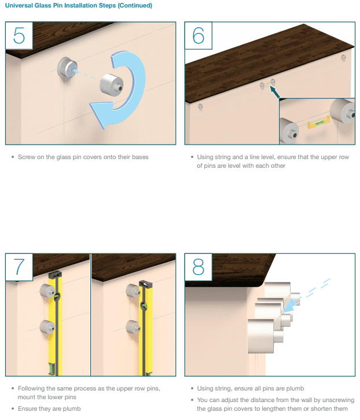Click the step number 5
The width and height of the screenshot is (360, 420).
tap(19, 35)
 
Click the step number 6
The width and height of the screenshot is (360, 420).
tap(199, 35)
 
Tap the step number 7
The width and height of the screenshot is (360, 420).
tap(19, 267)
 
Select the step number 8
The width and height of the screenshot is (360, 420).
tap(199, 267)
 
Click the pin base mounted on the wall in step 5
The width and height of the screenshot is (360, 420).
tap(67, 68)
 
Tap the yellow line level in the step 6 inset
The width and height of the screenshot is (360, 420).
tap(318, 123)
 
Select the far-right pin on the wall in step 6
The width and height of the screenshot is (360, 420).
tap(343, 57)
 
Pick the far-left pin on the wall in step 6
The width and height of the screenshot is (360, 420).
tap(200, 106)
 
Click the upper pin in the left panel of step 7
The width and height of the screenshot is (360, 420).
tap(47, 290)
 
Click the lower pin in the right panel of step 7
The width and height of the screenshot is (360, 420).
tap(133, 326)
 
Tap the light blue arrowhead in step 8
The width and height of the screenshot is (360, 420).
tap(288, 307)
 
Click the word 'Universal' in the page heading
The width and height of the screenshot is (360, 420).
tap(19, 5)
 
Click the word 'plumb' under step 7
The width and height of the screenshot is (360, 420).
tap(72, 409)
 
